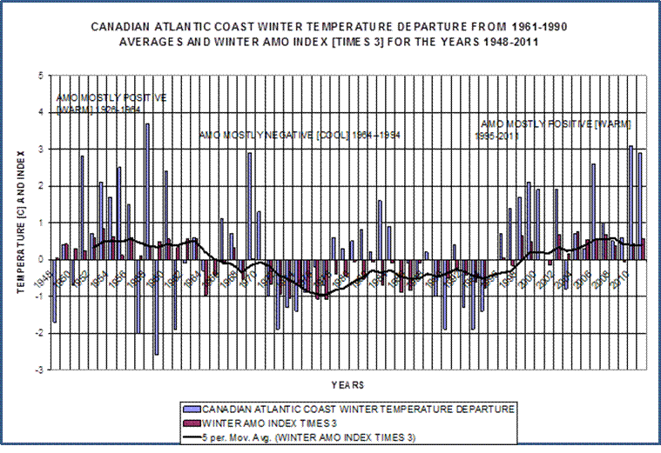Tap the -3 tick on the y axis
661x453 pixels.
(40, 370)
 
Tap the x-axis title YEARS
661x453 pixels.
(347, 383)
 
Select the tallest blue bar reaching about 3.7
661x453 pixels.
(147, 191)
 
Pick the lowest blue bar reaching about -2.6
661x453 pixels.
(157, 306)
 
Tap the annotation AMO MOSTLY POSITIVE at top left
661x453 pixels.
(110, 97)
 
